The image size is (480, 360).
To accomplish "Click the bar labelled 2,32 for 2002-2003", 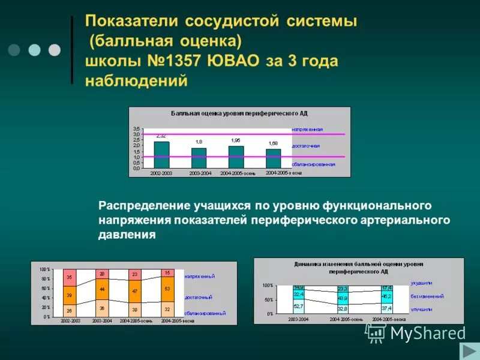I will (161, 155).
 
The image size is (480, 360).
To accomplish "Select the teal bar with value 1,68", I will (274, 158).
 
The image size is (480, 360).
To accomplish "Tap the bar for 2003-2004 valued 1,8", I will (199, 158).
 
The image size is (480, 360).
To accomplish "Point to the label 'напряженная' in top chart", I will (307, 129).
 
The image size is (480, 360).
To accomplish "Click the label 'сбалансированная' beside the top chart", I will (313, 164).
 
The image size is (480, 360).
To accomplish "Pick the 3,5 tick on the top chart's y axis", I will (136, 129).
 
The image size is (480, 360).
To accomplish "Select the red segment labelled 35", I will (70, 277).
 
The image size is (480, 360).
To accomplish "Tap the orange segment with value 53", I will (167, 288).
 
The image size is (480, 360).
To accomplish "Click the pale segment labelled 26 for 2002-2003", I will (70, 310).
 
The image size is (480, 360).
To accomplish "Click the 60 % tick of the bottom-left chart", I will (45, 289).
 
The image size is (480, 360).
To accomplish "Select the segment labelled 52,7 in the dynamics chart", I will (298, 306).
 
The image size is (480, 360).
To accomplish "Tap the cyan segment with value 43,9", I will (343, 298).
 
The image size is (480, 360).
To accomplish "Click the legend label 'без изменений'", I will (427, 296).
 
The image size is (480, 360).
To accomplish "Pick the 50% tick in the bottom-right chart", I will (268, 299).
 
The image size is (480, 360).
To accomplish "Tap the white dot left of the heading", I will (55, 50).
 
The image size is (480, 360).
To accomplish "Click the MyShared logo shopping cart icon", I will (376, 334).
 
